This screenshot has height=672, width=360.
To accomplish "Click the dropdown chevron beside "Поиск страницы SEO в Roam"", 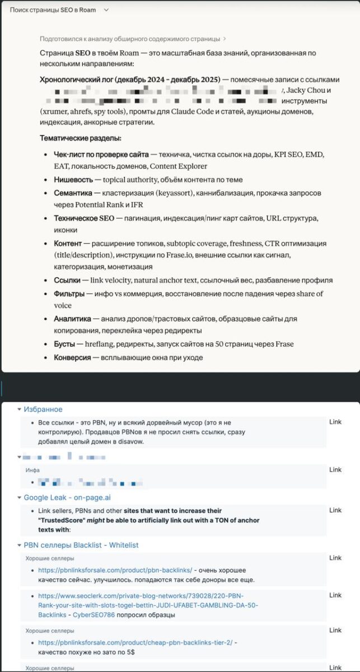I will click(x=106, y=10).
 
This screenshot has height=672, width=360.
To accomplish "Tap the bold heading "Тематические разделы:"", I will click(x=80, y=138).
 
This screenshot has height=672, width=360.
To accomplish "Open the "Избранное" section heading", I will click(x=43, y=409).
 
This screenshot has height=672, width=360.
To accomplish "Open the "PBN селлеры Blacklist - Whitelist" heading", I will click(x=81, y=545).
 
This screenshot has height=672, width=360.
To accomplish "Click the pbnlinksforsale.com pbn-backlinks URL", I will click(x=115, y=570).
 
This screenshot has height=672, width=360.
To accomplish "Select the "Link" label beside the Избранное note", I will click(x=335, y=422).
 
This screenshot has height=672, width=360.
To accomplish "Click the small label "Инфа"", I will click(x=32, y=470).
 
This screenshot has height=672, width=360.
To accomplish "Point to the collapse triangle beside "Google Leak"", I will click(x=20, y=497).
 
